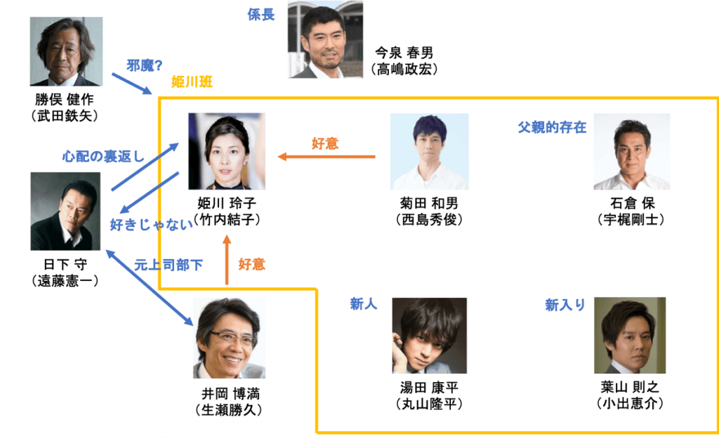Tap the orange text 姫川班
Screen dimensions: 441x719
(192, 83)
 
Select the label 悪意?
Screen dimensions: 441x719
(144, 65)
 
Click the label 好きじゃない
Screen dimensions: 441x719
(150, 225)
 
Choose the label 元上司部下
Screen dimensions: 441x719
(169, 265)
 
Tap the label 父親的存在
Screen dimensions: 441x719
(552, 127)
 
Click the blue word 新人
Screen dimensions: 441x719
(364, 303)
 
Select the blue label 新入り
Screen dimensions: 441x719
(565, 304)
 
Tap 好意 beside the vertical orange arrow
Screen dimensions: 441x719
(251, 265)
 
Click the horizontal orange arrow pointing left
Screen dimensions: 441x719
(326, 157)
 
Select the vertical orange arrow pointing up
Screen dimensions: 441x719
(226, 260)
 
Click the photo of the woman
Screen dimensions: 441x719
(227, 150)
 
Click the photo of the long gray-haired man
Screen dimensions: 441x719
(66, 51)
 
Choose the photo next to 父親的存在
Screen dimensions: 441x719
(631, 151)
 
